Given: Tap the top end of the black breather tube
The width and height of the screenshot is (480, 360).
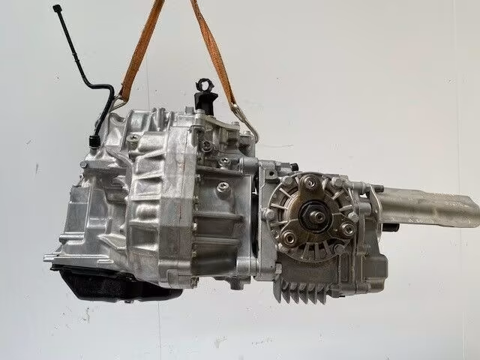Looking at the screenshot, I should [x=57, y=8].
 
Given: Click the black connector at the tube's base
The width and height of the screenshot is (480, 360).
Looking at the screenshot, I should [x=93, y=140].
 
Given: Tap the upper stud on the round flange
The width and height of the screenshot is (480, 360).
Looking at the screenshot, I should [x=307, y=178].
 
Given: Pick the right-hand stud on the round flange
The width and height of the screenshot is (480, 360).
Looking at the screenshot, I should [x=349, y=217].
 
